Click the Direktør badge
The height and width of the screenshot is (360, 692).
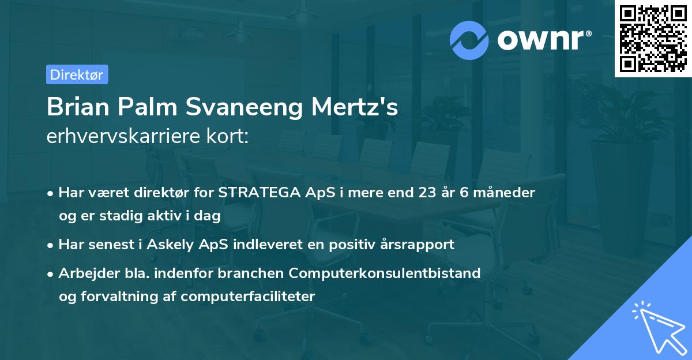[x=77, y=74]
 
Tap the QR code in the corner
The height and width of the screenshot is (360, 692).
[x=653, y=39]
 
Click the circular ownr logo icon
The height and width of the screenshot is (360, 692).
[x=469, y=40]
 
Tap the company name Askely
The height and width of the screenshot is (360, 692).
[x=171, y=245]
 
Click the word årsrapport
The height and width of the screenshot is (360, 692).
[x=419, y=245]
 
